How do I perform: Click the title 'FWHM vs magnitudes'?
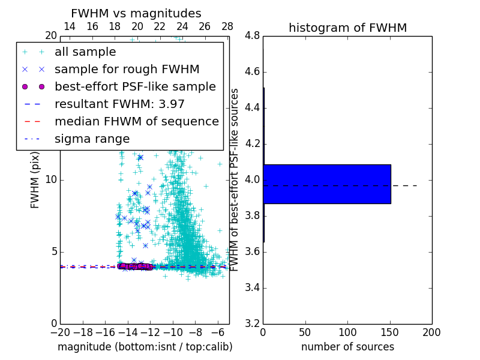tap(136, 14)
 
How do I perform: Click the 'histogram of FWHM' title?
tap(347, 28)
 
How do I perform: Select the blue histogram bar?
tap(327, 184)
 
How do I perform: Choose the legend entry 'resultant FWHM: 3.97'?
tap(119, 104)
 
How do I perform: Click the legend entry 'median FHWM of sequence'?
tap(136, 122)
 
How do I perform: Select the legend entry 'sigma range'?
tap(92, 139)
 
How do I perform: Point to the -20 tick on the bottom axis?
tap(60, 332)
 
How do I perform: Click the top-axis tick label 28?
tap(227, 26)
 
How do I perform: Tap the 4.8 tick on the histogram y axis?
tap(253, 36)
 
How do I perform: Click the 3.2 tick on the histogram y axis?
tap(253, 323)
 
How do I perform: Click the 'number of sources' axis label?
tap(347, 347)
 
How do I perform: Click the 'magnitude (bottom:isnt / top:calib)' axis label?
tap(145, 347)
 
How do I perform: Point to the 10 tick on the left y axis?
tap(51, 180)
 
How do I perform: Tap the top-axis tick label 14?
tap(70, 26)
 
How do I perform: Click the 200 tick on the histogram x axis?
tap(431, 332)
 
